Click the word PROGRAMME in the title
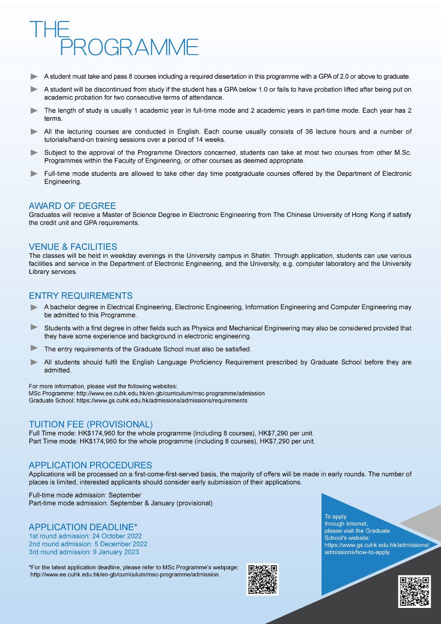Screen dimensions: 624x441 pos(129,47)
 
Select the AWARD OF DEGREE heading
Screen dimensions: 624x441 pos(72,206)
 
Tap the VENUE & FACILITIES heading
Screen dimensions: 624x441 pos(73,247)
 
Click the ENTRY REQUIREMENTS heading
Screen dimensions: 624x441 pos(81,296)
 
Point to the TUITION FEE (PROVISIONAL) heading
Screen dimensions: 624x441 pos(91,424)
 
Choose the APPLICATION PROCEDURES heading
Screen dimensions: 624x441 pos(90,465)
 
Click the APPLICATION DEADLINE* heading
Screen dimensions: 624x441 pos(83,527)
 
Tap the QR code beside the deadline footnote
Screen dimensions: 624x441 pos(262,579)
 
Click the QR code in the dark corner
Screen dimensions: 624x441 pos(414,591)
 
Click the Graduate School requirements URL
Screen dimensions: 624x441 pos(162,401)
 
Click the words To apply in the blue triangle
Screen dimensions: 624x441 pos(335,517)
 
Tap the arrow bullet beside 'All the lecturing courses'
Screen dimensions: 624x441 pos(34,132)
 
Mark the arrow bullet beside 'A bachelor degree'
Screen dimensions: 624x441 pos(34,307)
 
